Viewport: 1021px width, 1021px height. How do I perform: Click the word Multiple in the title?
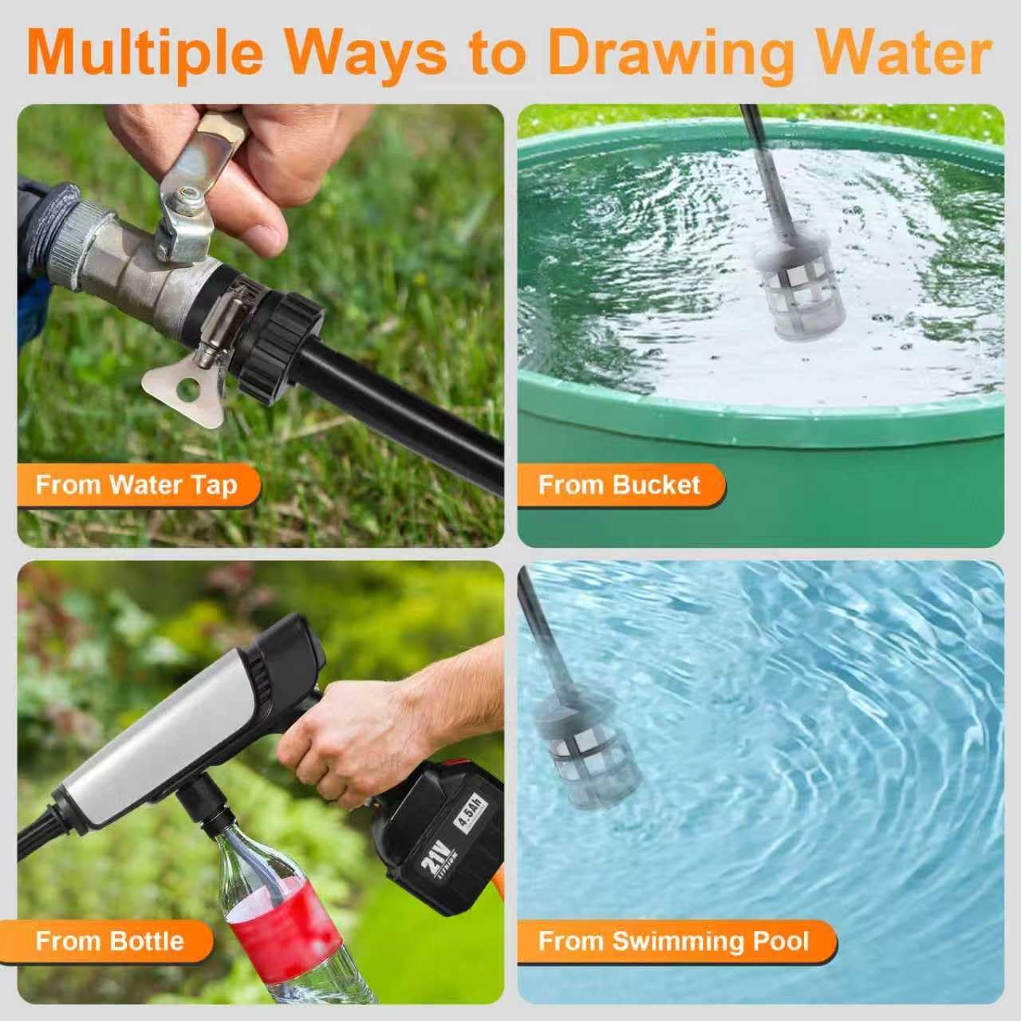click(147, 53)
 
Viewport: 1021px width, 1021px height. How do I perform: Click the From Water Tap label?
click(136, 485)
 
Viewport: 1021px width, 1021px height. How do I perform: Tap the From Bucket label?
click(620, 485)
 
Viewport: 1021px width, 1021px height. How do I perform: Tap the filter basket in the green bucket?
click(799, 291)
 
